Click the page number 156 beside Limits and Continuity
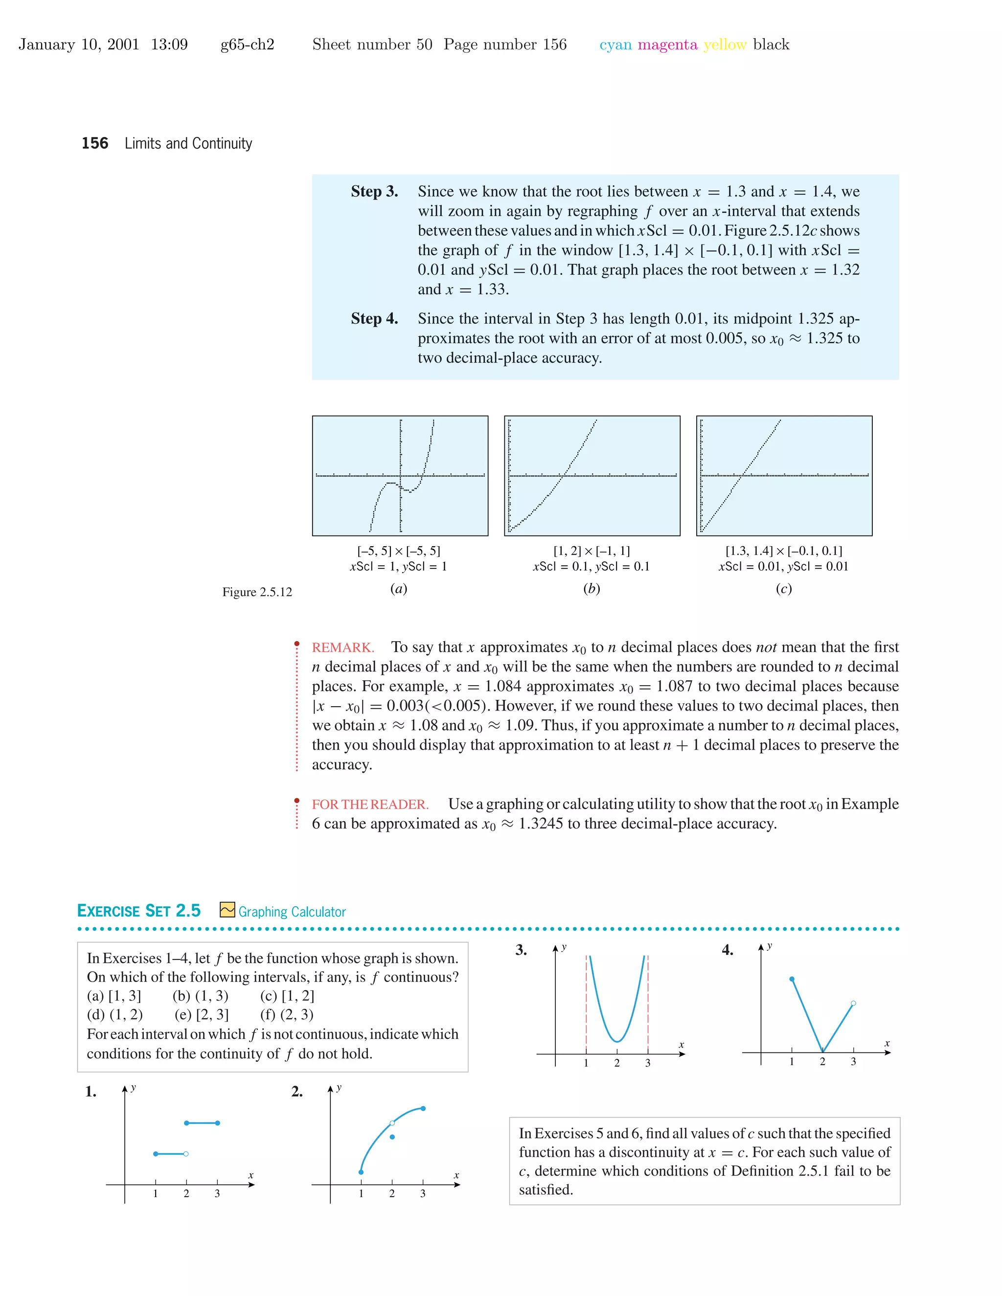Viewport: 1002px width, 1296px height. pos(95,144)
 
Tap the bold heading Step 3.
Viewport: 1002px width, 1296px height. pos(374,192)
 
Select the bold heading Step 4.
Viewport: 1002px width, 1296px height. pos(374,319)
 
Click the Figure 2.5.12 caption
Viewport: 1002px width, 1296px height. pos(257,592)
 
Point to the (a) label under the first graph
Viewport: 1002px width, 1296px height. pos(399,589)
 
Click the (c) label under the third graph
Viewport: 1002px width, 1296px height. pos(784,589)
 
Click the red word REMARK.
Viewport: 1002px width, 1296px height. pos(343,648)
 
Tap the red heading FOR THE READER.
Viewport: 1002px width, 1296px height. pos(370,804)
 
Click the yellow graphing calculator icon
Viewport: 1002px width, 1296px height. pos(227,910)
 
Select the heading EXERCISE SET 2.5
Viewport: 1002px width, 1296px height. pos(139,911)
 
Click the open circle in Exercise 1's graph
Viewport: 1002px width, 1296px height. pos(186,1154)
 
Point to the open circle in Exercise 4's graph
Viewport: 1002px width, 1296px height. pos(853,1004)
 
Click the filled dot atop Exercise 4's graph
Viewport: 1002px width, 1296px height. pos(792,979)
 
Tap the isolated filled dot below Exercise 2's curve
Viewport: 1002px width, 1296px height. pos(392,1137)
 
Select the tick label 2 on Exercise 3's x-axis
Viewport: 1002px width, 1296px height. pos(617,1063)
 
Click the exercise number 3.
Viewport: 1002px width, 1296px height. pos(521,950)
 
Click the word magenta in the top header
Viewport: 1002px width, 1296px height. pos(667,45)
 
